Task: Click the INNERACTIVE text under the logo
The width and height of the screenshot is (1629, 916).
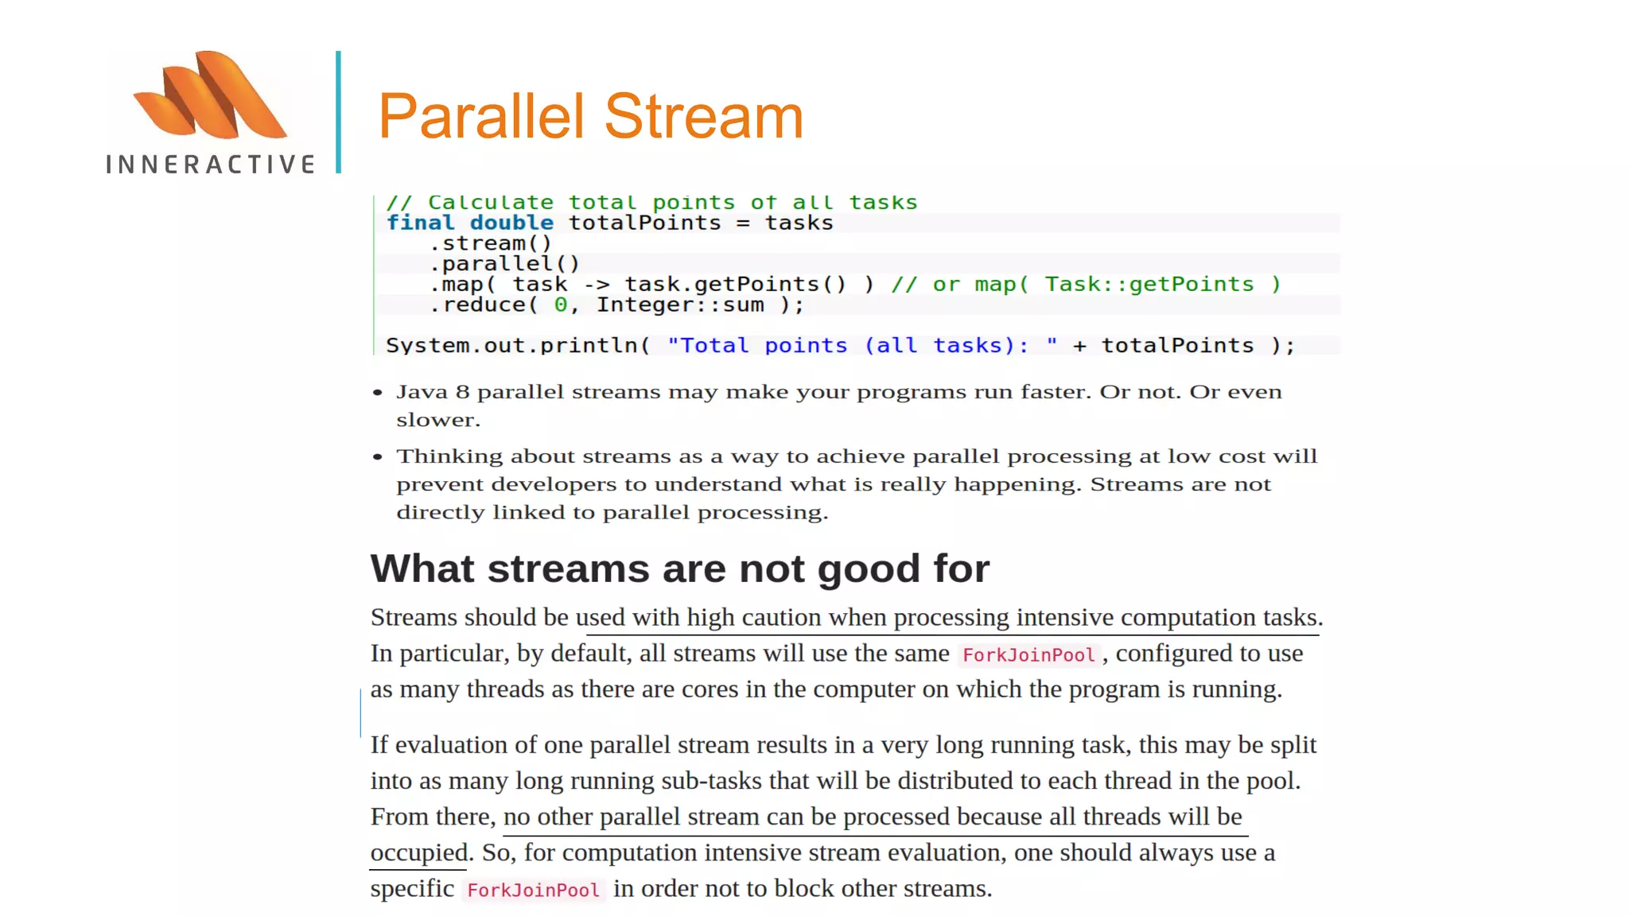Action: [211, 165]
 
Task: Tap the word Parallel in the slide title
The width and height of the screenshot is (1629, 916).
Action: [481, 116]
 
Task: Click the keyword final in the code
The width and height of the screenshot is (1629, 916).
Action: [420, 223]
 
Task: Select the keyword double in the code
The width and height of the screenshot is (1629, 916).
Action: [511, 223]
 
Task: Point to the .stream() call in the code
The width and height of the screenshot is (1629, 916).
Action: [490, 243]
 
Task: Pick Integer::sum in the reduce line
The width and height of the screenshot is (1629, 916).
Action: [680, 305]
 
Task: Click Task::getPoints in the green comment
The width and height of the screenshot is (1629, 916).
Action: [1149, 285]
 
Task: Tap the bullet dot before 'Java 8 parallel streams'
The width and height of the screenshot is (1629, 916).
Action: [378, 393]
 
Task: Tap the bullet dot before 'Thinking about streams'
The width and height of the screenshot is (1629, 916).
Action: [378, 457]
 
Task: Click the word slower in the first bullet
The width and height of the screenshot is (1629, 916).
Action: [437, 421]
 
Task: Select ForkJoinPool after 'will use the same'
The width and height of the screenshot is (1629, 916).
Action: [1028, 655]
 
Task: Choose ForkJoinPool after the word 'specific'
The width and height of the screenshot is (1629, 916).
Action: [533, 891]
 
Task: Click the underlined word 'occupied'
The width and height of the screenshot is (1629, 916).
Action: [419, 853]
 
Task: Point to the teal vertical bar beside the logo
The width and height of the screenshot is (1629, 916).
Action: [339, 112]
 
